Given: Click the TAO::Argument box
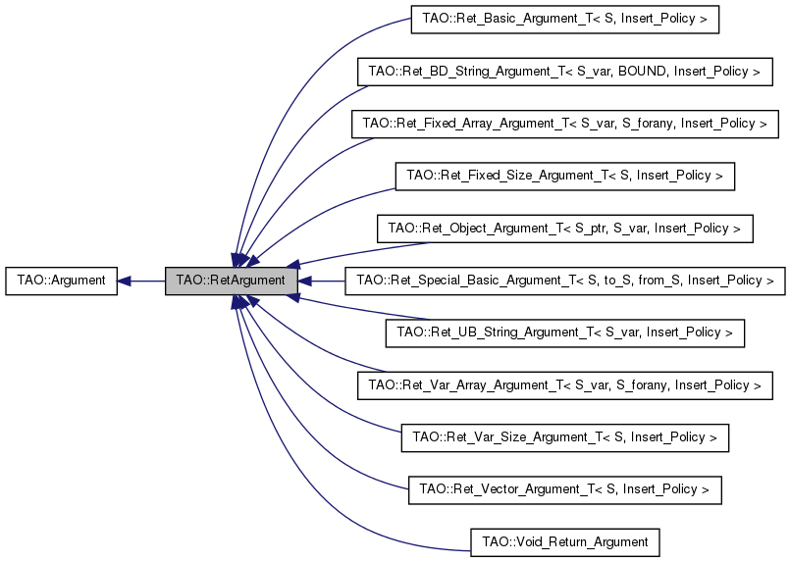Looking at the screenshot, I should [x=61, y=281].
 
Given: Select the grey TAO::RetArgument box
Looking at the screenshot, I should [x=231, y=281].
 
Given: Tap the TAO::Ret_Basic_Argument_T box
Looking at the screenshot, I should [x=564, y=20].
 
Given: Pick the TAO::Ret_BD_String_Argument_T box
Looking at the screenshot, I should [x=563, y=72].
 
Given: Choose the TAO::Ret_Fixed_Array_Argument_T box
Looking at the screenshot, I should [x=564, y=124].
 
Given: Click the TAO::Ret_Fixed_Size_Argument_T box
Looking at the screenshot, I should [x=564, y=177].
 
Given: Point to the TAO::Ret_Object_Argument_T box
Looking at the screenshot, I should [x=564, y=229].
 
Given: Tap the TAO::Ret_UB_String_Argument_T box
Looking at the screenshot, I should [x=564, y=333].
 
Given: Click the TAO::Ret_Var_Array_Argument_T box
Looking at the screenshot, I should [x=564, y=385].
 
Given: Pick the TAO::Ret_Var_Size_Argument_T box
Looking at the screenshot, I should [x=564, y=437].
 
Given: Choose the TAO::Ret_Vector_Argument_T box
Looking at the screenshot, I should [x=564, y=489].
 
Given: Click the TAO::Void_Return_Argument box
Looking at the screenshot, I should [x=564, y=541].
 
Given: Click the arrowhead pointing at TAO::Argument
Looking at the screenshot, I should [x=124, y=281].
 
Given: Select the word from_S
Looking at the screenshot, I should [x=659, y=281].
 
